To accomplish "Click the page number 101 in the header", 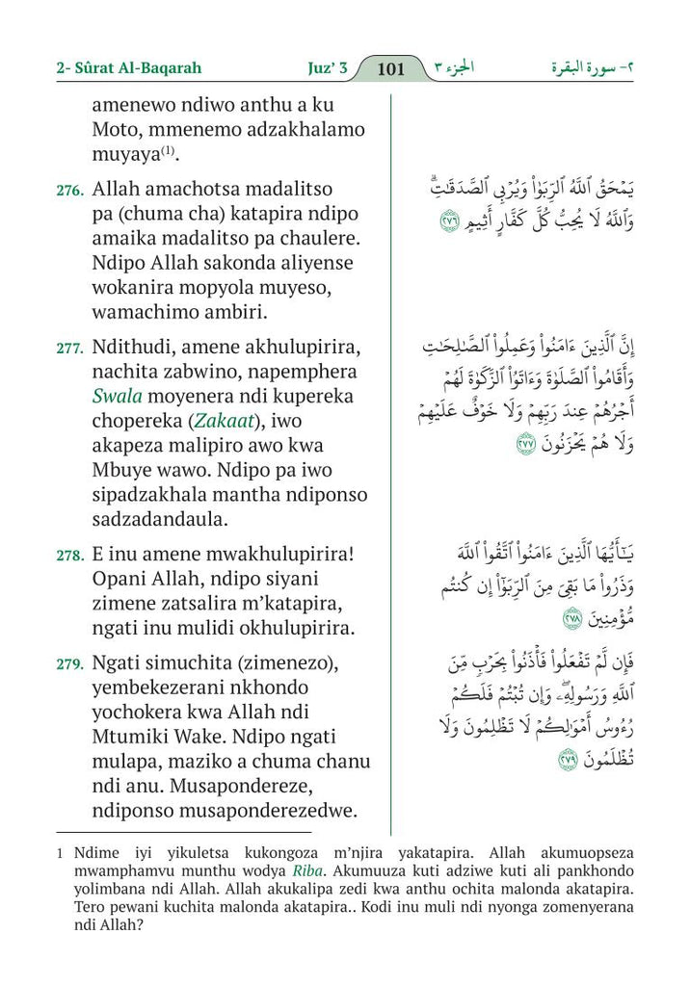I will pos(391,68).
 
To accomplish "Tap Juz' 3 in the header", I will pos(322,68).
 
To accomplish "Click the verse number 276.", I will pos(69,192).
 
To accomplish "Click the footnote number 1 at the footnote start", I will pos(60,853).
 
